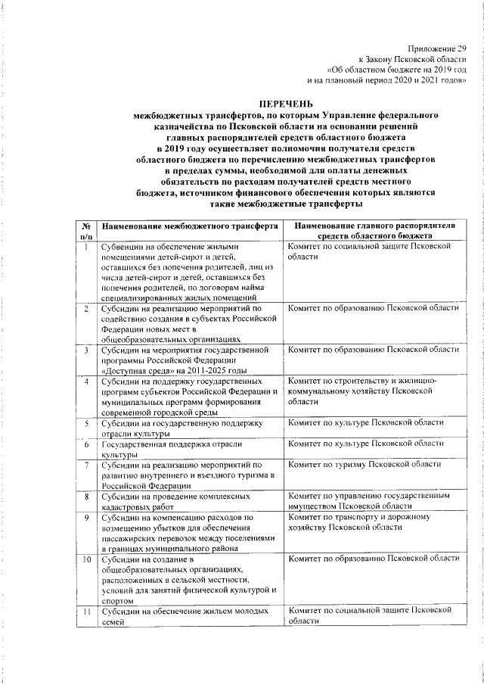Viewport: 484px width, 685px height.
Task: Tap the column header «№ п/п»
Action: [87, 232]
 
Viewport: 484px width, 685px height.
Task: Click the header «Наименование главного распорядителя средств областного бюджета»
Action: [374, 232]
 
